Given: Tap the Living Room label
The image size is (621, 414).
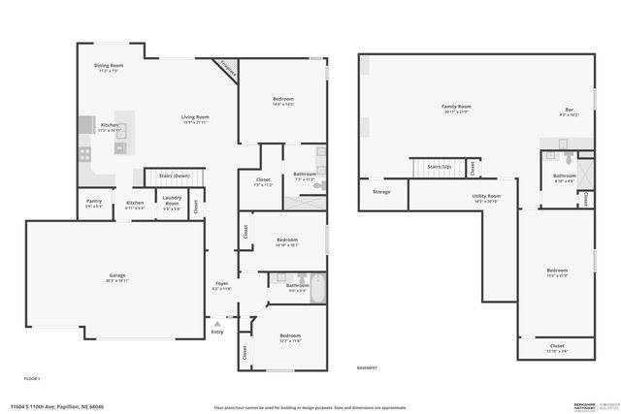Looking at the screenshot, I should pyautogui.click(x=195, y=117).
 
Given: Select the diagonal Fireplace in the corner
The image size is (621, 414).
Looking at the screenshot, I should pyautogui.click(x=227, y=68).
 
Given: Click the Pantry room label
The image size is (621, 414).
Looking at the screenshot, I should pyautogui.click(x=93, y=203).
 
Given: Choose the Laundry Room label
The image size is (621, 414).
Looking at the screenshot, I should pyautogui.click(x=171, y=205).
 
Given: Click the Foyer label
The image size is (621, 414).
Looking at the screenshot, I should pyautogui.click(x=222, y=284).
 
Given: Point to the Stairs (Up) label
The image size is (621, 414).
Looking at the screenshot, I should pyautogui.click(x=440, y=167).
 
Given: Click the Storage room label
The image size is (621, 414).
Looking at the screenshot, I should pyautogui.click(x=381, y=192).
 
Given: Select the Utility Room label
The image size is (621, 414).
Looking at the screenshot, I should pyautogui.click(x=486, y=197).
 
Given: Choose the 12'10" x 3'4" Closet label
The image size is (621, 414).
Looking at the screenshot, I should pyautogui.click(x=557, y=346).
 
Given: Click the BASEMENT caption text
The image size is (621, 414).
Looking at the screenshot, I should pyautogui.click(x=367, y=368).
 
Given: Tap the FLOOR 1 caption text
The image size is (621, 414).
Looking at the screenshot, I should pyautogui.click(x=32, y=376).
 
